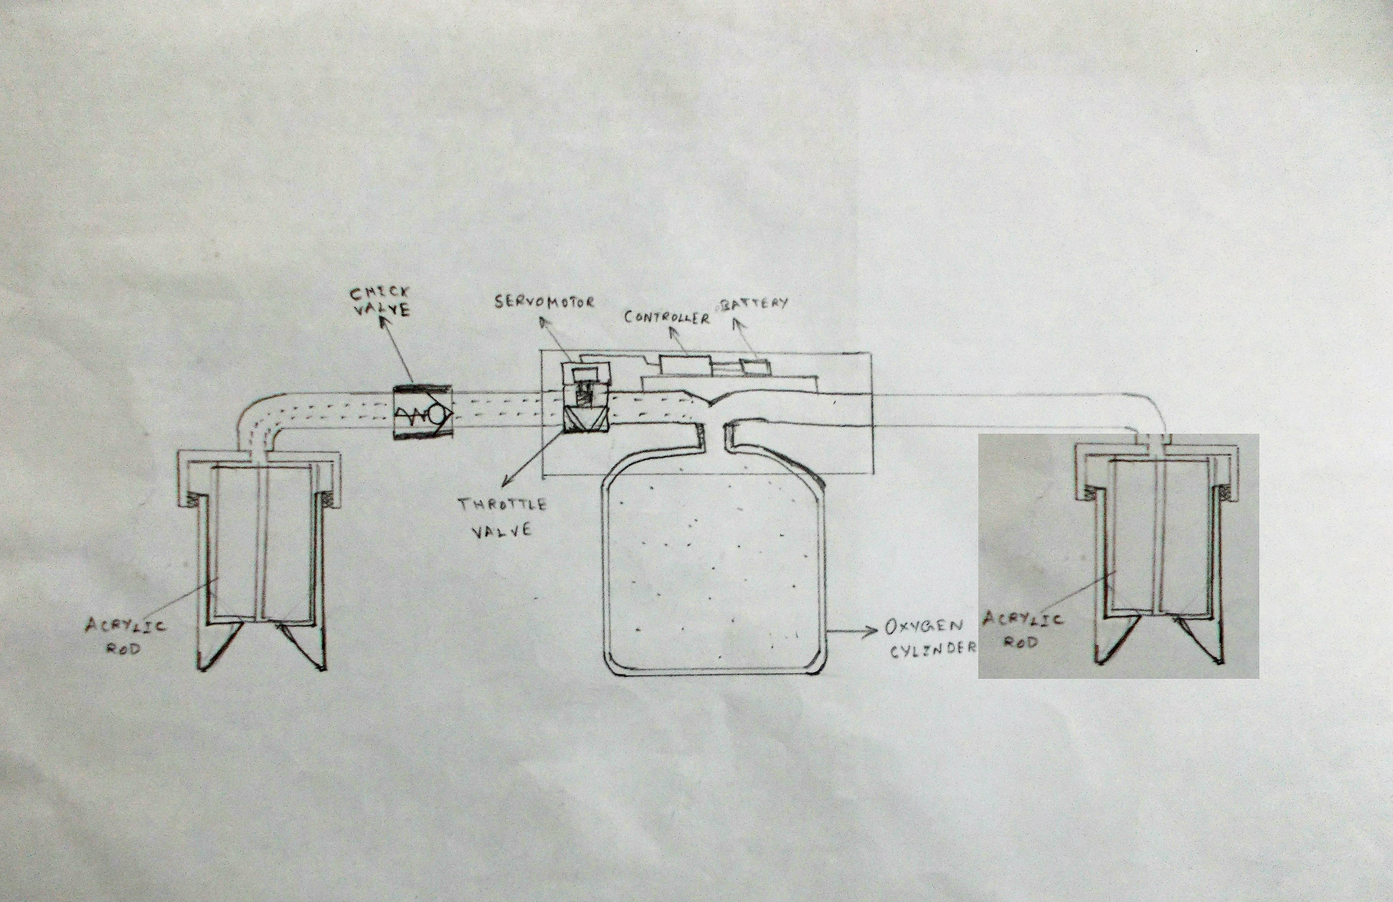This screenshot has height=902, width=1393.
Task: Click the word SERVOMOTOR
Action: coord(544,302)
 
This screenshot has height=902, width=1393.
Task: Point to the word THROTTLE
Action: coord(502,505)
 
